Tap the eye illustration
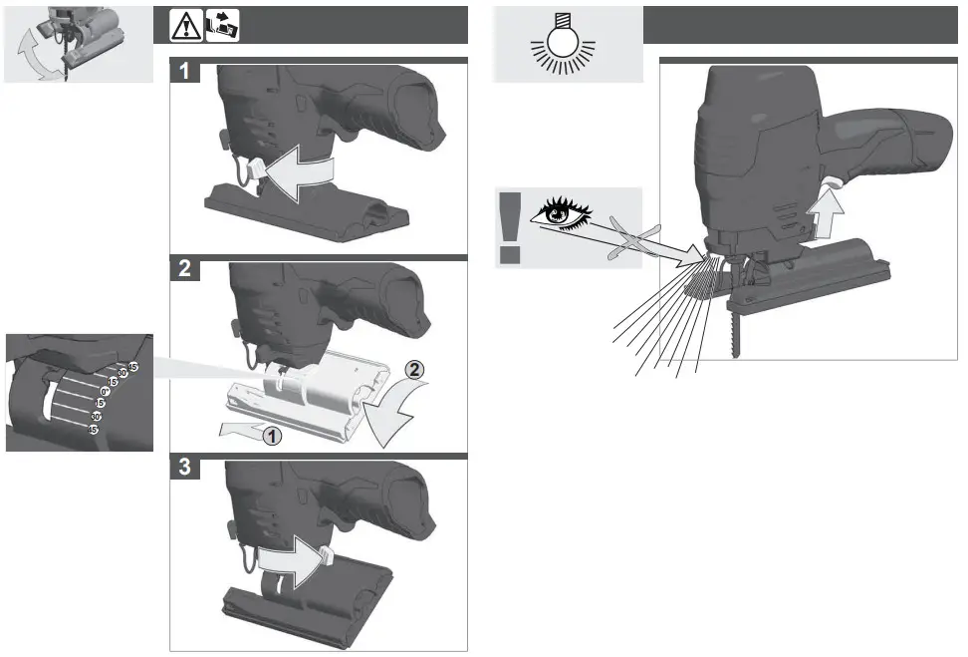coord(565,213)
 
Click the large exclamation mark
coord(511,227)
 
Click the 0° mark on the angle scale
coord(106,392)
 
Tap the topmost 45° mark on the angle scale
coord(132,368)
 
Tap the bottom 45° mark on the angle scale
coord(93,430)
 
